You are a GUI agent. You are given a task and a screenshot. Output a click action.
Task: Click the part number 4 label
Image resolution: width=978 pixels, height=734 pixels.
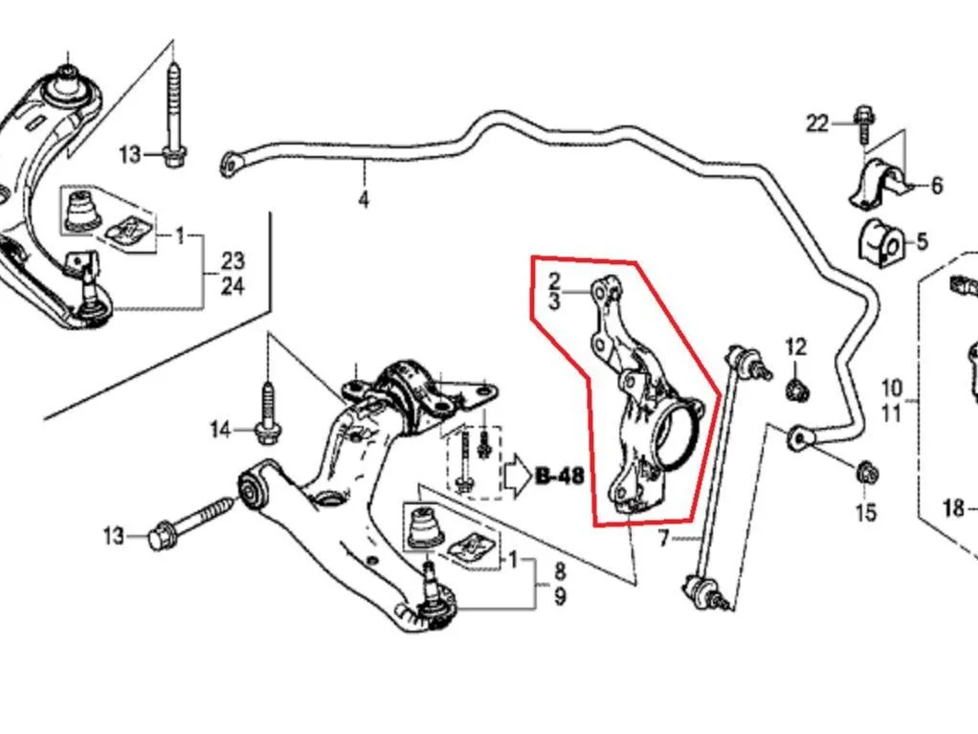[x=364, y=200]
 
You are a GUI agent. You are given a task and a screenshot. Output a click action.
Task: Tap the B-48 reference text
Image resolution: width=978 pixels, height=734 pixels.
[x=560, y=477]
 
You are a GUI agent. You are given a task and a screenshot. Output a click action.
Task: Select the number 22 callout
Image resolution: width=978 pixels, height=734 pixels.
[x=817, y=123]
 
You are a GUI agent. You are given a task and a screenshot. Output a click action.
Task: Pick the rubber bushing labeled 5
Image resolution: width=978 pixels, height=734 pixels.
[x=880, y=241]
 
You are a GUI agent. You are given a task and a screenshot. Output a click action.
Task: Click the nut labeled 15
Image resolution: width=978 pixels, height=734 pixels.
[x=865, y=472]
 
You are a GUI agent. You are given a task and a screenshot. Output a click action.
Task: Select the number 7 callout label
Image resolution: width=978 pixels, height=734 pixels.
[x=663, y=537]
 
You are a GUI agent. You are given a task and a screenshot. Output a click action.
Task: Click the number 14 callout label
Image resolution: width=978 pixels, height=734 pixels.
[x=219, y=430]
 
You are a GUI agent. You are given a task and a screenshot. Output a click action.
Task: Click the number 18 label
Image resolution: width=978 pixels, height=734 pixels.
[x=954, y=509]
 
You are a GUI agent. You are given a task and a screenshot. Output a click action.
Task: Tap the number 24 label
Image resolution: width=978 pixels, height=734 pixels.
[x=232, y=286]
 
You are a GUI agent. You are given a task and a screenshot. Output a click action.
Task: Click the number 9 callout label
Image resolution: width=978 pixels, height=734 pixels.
[x=560, y=597]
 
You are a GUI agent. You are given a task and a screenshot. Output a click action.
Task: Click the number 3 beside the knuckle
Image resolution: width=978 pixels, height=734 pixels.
[x=554, y=300]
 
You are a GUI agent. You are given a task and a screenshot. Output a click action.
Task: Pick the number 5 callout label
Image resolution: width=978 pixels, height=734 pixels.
[x=922, y=241]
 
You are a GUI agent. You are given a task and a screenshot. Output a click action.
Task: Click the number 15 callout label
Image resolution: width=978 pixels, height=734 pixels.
[x=866, y=512]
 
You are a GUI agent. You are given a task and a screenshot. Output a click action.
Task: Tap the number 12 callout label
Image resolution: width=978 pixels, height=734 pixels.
[x=796, y=346]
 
